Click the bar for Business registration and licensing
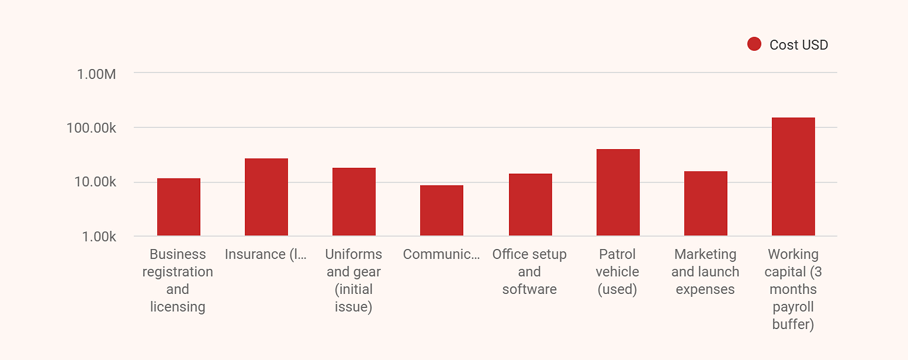click(x=178, y=207)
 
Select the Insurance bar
click(x=266, y=197)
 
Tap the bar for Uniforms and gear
click(x=353, y=202)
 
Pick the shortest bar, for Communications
click(x=441, y=211)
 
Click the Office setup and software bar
click(x=530, y=205)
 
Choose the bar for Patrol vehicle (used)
click(x=617, y=192)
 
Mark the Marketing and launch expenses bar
click(x=705, y=204)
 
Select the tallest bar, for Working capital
click(x=793, y=176)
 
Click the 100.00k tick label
click(x=91, y=128)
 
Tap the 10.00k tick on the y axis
click(x=94, y=182)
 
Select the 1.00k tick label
click(x=96, y=236)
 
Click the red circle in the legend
click(x=754, y=45)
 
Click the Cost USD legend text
click(x=799, y=45)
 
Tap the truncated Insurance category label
click(x=266, y=254)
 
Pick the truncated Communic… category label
click(x=441, y=254)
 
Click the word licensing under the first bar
click(x=178, y=307)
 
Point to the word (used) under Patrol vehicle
click(x=617, y=289)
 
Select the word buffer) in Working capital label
click(x=793, y=325)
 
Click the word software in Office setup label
click(x=529, y=289)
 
